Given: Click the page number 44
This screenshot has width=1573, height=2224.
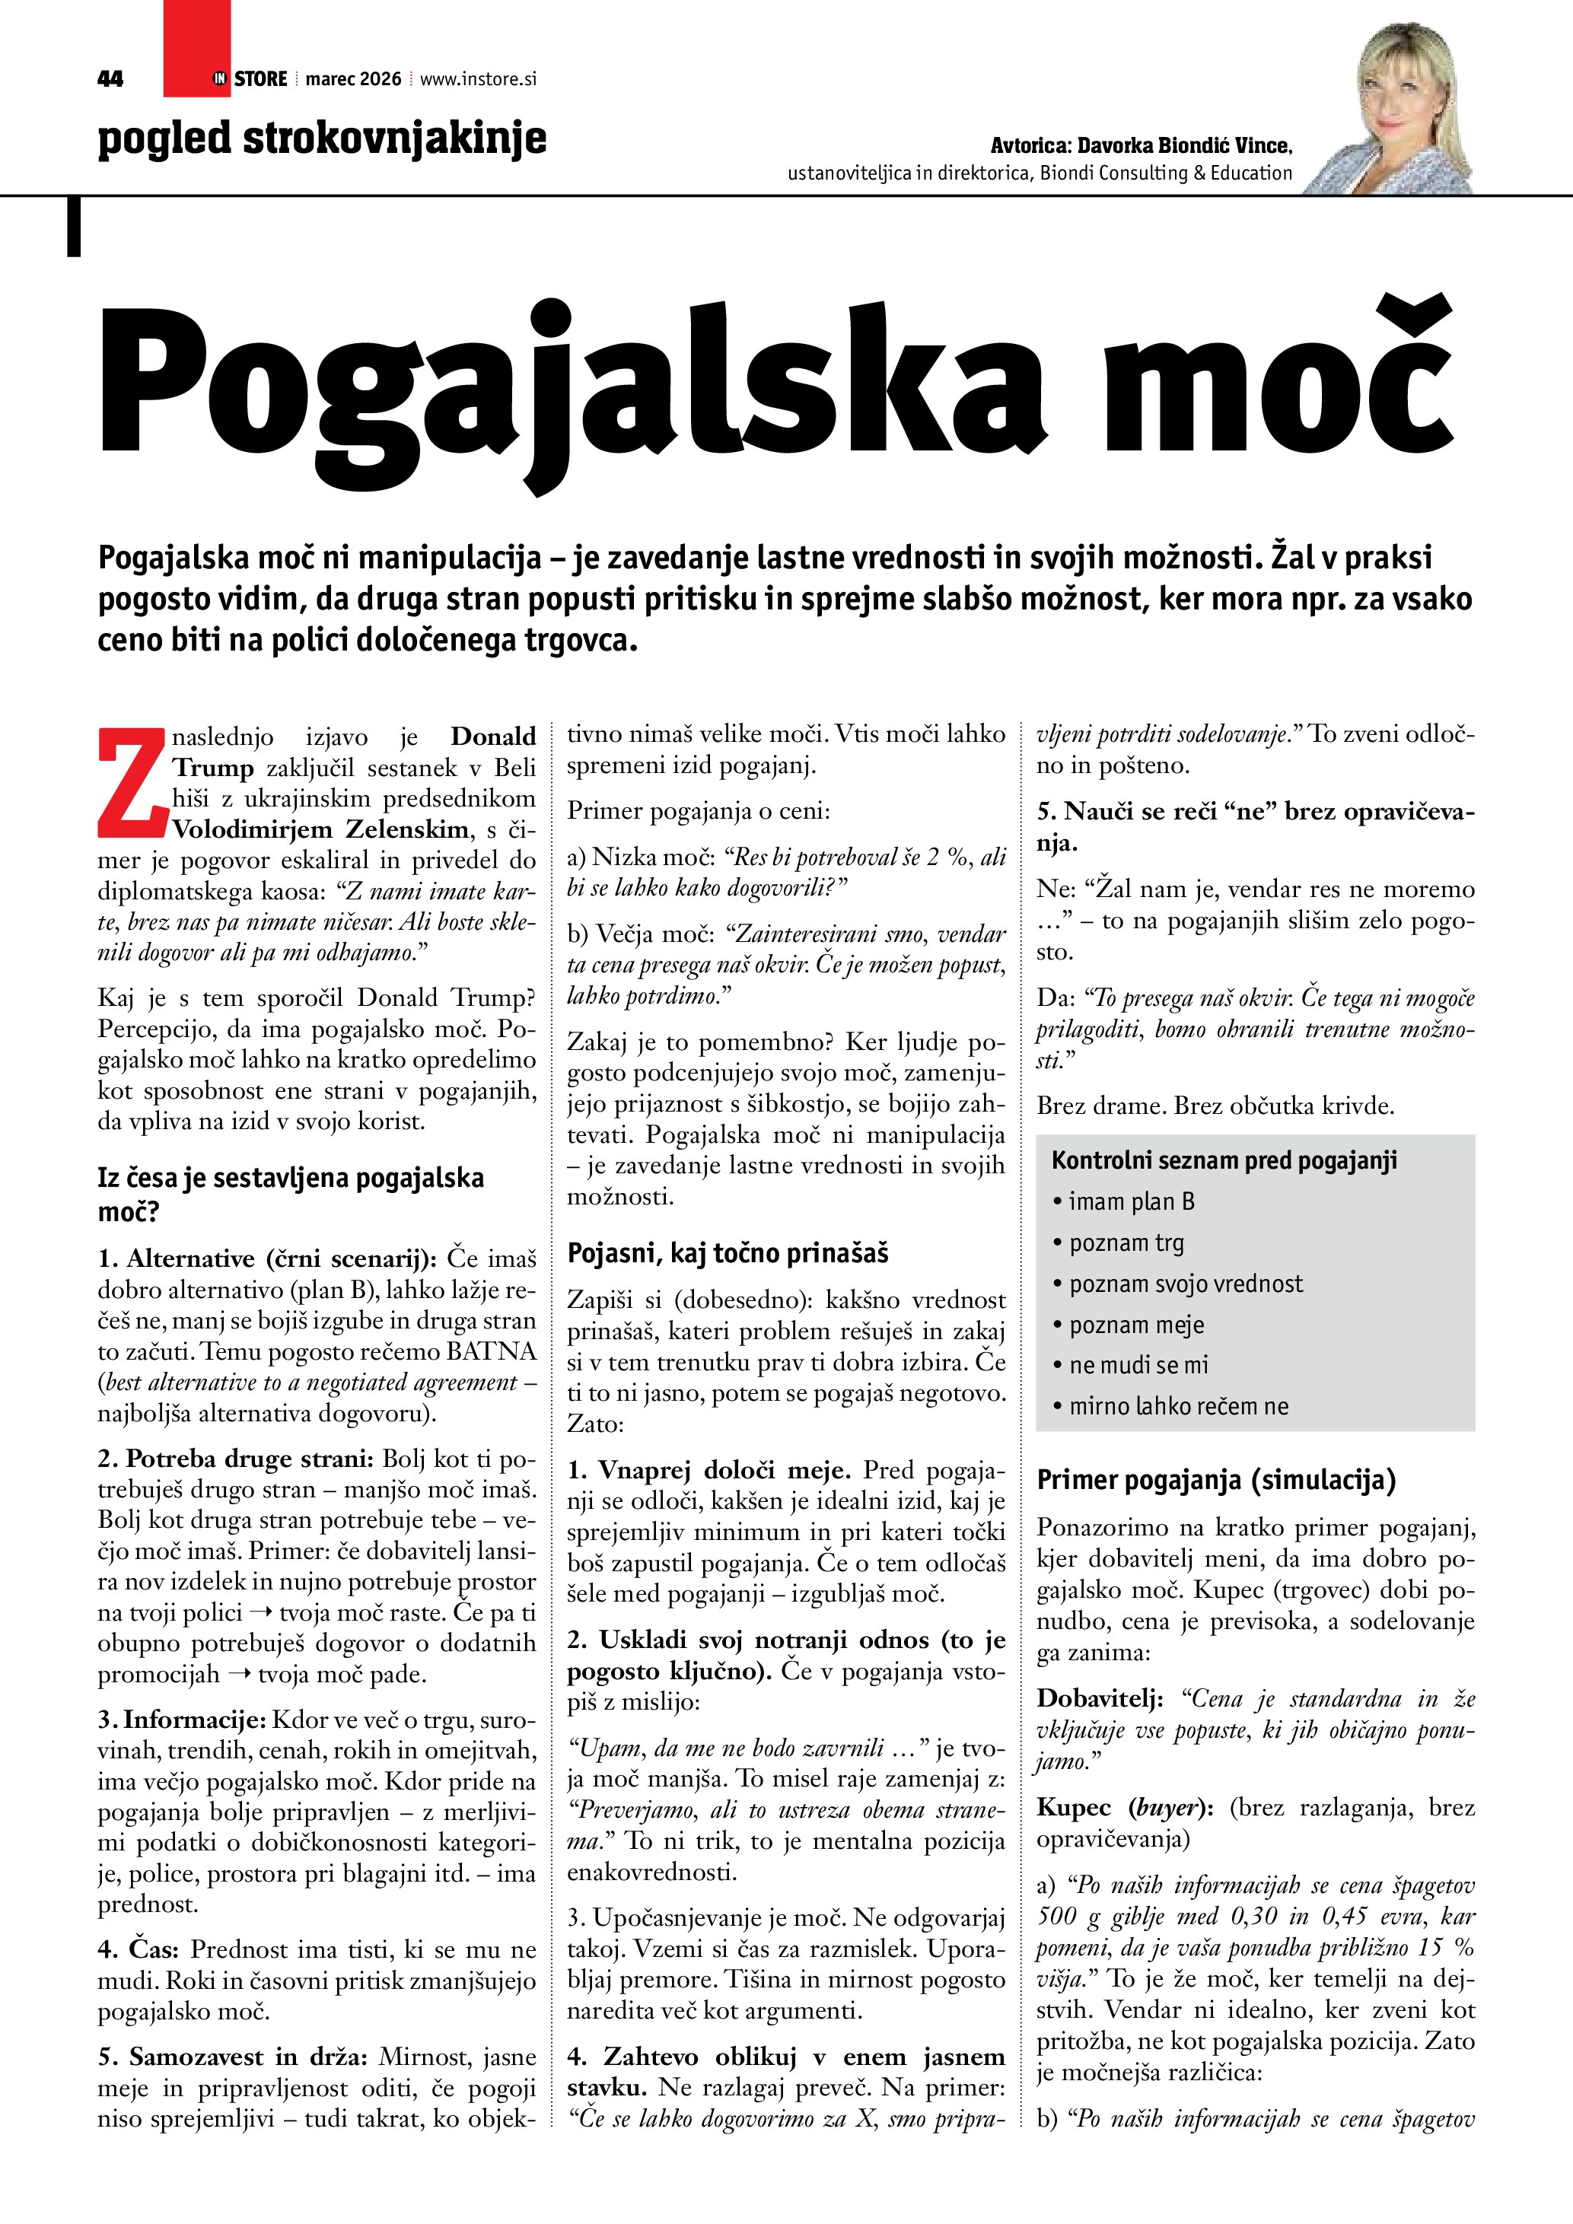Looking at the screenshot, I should pyautogui.click(x=110, y=79).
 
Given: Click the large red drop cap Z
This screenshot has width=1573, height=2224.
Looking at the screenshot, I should pyautogui.click(x=132, y=784).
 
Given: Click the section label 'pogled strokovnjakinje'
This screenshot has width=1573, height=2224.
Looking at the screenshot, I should pyautogui.click(x=322, y=138).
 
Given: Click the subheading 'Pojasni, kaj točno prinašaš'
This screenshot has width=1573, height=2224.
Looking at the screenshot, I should pyautogui.click(x=728, y=1253).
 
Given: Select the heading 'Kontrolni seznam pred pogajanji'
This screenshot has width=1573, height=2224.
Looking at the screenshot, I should pyautogui.click(x=1224, y=1160).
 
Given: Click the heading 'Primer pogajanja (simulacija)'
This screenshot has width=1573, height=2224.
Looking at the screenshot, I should pyautogui.click(x=1215, y=1480).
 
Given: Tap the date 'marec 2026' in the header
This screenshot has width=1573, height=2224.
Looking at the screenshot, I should pyautogui.click(x=352, y=79).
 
